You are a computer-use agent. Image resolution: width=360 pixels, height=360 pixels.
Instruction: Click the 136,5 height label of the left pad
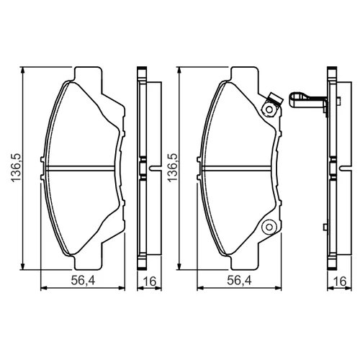coord(17,168)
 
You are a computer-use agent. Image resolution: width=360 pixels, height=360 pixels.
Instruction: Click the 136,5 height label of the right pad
coord(173,168)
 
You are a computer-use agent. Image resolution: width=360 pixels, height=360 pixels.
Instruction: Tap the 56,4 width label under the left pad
coord(83,280)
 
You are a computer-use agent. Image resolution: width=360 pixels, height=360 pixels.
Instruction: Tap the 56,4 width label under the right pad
coord(239,280)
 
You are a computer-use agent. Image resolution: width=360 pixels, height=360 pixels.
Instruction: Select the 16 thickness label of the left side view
coord(149,282)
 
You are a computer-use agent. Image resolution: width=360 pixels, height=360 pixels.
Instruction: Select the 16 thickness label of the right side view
coord(340,282)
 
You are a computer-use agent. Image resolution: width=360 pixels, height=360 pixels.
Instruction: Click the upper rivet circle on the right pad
coord(269,110)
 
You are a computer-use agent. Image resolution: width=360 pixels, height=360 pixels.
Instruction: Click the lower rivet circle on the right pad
coord(269,227)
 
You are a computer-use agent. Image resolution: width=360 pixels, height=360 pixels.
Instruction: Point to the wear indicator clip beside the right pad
coord(307,102)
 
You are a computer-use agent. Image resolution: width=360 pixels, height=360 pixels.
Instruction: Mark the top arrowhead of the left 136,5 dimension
coord(22,71)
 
